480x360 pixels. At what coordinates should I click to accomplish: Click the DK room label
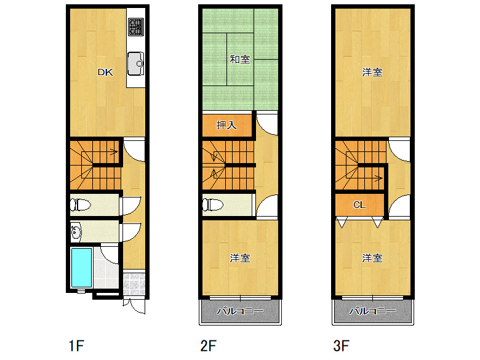click(x=105, y=72)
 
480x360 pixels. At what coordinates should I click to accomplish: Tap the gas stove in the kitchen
click(x=136, y=27)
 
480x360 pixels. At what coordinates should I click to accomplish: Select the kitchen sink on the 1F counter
click(x=135, y=63)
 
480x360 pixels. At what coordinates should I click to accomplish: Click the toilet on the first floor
click(x=80, y=204)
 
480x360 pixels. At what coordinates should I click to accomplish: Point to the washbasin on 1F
click(x=76, y=232)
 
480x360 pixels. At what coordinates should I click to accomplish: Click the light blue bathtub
click(x=81, y=268)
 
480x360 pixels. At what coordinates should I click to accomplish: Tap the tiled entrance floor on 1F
click(x=134, y=284)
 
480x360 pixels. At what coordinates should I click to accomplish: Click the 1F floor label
click(x=76, y=346)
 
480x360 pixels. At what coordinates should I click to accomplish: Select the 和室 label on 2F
click(x=240, y=60)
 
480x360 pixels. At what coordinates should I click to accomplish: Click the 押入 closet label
click(x=226, y=125)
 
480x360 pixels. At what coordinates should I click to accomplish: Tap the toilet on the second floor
click(x=213, y=204)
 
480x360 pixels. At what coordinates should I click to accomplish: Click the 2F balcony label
click(x=240, y=311)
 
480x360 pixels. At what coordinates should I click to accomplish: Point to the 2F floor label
click(x=209, y=346)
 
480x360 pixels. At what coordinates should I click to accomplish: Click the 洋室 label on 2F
click(x=240, y=258)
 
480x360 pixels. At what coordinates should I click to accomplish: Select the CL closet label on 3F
click(x=359, y=204)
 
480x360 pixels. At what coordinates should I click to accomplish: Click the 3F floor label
click(x=341, y=346)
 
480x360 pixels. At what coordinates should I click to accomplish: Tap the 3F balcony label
click(x=372, y=311)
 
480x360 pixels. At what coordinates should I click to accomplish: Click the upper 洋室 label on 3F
click(x=372, y=72)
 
